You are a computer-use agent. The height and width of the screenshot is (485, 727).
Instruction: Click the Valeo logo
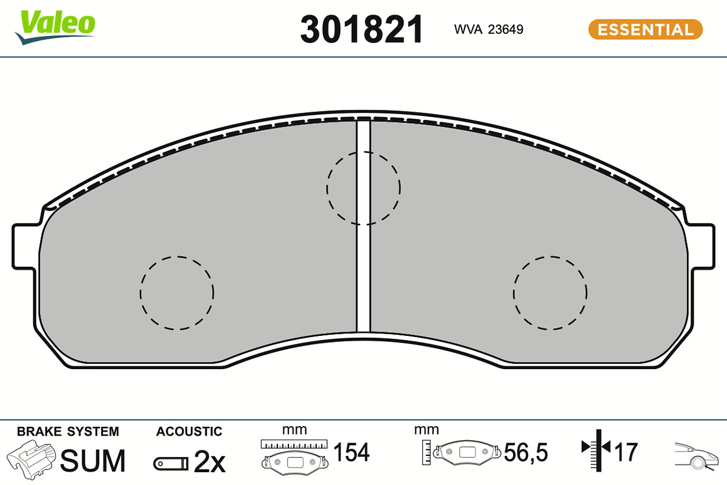(x=55, y=27)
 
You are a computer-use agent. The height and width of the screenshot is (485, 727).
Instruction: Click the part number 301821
(x=362, y=29)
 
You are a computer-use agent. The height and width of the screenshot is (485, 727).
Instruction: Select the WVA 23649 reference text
(x=488, y=29)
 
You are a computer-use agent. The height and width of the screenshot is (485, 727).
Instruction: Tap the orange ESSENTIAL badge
(x=645, y=29)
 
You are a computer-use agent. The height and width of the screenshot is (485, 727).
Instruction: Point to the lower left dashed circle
(x=140, y=293)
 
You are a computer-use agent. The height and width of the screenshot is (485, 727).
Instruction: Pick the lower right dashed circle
(x=514, y=293)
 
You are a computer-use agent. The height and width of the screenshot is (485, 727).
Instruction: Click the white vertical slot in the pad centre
(x=363, y=226)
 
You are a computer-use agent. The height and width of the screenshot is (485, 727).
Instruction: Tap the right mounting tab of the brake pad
(x=702, y=247)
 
